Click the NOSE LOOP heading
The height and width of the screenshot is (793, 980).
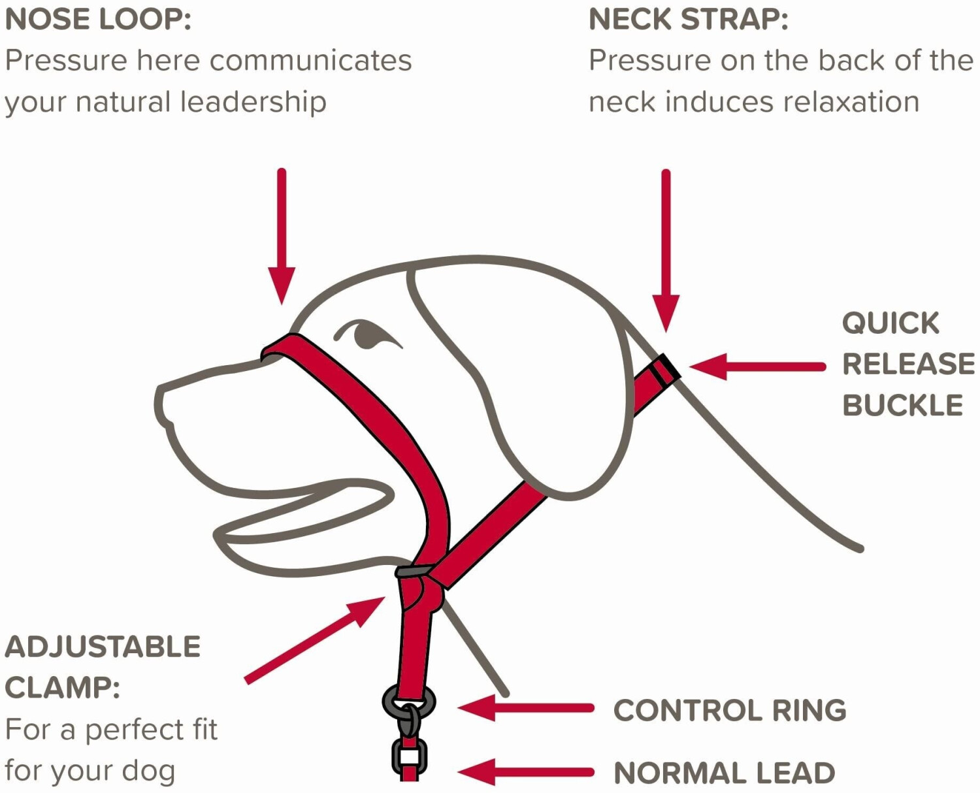click(98, 20)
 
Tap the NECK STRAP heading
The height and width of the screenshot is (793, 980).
click(689, 20)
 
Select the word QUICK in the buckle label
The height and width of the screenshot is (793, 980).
click(890, 323)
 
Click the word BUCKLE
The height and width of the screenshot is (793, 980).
click(902, 406)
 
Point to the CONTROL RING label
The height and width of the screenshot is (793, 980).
click(730, 711)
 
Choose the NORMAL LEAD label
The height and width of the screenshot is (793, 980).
click(725, 773)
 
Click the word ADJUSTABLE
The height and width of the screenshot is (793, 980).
click(103, 647)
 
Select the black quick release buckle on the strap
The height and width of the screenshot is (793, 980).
click(666, 370)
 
